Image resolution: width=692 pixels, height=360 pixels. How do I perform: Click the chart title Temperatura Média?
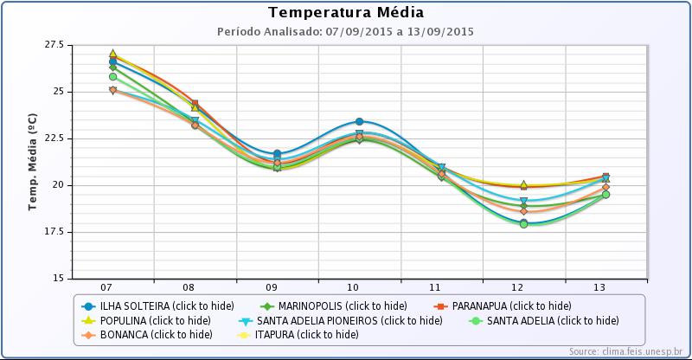point(346,12)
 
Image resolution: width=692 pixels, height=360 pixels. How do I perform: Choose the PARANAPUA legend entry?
point(503,305)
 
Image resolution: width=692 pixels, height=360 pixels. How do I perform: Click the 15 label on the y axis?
point(57,279)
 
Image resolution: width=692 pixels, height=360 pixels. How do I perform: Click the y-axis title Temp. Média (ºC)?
point(33,162)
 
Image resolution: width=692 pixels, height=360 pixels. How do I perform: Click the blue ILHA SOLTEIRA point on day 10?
point(359,122)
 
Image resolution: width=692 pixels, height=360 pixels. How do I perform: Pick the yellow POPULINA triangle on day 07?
point(112,54)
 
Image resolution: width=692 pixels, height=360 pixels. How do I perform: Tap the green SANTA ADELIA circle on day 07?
point(112,77)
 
